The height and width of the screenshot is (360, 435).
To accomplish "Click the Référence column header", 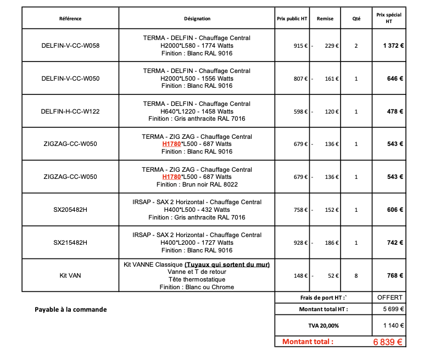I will pos(70,19).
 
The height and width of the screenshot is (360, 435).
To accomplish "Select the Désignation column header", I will pos(197,19).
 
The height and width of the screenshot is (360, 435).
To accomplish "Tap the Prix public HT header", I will pos(292,19).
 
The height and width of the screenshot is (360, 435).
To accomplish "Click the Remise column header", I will pos(325,19).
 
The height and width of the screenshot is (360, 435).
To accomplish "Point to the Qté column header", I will pos(356,19).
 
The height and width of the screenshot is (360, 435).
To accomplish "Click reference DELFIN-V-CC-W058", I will pos(70,46).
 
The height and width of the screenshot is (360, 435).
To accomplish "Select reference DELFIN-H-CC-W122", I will pos(70,111).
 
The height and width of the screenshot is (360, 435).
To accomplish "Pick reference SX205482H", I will pos(70,210).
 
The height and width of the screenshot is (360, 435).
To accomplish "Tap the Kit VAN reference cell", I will pos(70,275).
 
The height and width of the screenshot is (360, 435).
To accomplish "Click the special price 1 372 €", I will pos(393,46).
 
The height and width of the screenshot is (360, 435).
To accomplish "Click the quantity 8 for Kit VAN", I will pos(356,275).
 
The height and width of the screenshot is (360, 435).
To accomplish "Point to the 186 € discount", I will pos(331,243).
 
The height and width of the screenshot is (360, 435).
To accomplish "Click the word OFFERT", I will pos(390,297).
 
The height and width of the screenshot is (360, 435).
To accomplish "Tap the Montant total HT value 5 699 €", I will pos(393,309).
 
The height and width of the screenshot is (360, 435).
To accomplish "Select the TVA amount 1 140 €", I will pos(393,325).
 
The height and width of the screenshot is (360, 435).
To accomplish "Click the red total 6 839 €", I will pos(388,342).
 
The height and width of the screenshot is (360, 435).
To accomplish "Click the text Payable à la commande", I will pos(70,310).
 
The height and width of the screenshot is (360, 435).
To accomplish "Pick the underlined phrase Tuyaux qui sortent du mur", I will pos(227,265).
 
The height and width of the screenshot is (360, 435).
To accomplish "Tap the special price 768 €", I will pos(395,275).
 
